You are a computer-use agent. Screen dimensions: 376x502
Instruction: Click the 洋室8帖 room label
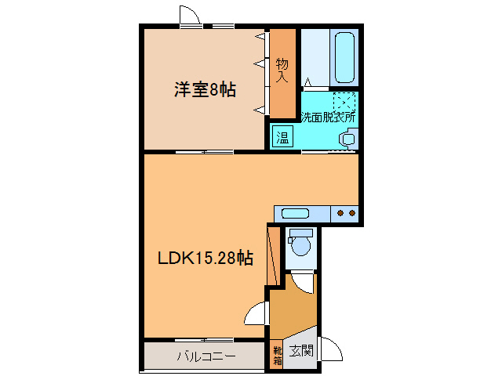coord(205,89)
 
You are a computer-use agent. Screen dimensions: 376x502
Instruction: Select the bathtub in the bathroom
coord(346,58)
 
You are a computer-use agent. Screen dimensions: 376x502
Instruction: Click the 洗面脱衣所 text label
coord(328,118)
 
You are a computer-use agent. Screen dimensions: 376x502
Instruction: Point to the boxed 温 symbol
coord(282,137)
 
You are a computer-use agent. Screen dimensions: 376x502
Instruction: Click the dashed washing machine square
coord(344,103)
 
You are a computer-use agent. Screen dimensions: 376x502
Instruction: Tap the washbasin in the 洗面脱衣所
coord(347,139)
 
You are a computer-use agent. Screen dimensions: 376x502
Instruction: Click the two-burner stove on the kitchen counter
coord(346,212)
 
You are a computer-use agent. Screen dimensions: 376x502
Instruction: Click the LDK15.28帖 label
coord(206,258)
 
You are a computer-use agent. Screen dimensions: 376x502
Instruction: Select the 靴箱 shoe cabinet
coord(277,354)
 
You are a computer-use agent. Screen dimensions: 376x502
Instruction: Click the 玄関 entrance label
coord(300,351)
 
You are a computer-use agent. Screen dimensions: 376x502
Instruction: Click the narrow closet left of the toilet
coord(273,255)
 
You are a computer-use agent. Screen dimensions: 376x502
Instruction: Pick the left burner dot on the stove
coord(341,212)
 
